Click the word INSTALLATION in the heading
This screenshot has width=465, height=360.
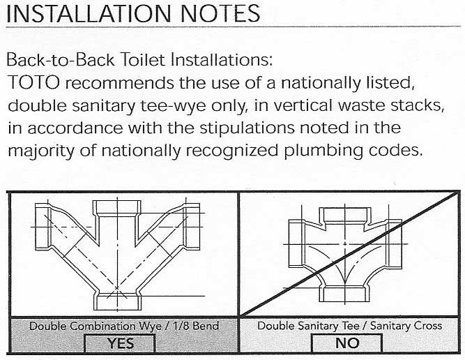click(x=84, y=13)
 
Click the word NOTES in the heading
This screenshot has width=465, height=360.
click(x=213, y=13)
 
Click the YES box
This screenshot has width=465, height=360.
click(x=120, y=343)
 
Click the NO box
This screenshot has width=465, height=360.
click(x=346, y=343)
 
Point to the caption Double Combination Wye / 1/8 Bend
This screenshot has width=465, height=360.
click(x=123, y=326)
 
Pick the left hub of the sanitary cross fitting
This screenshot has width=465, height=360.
click(x=296, y=245)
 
